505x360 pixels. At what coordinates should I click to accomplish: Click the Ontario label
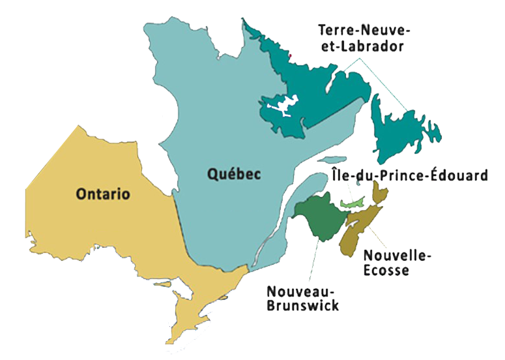point(103,194)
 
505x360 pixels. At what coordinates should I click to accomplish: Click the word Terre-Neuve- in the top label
point(360,31)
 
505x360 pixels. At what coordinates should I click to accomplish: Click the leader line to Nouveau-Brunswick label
point(310,261)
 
